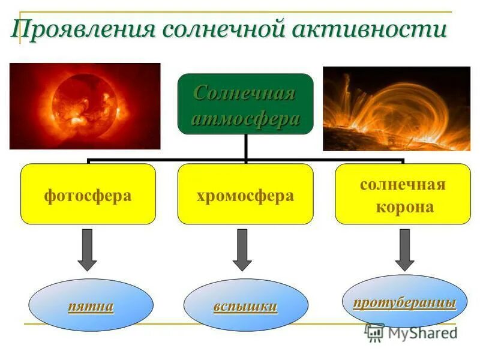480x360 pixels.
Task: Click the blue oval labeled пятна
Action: [x=91, y=305]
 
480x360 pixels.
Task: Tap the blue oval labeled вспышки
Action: [x=245, y=305]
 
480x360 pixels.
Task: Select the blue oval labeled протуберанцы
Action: [x=404, y=301]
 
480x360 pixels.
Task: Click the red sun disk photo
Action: [x=85, y=106]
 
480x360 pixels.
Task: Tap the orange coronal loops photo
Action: [x=397, y=108]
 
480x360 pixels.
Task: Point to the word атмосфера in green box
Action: [x=245, y=118]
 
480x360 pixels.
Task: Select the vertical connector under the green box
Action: [x=245, y=146]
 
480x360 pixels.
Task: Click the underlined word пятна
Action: [x=91, y=307]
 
